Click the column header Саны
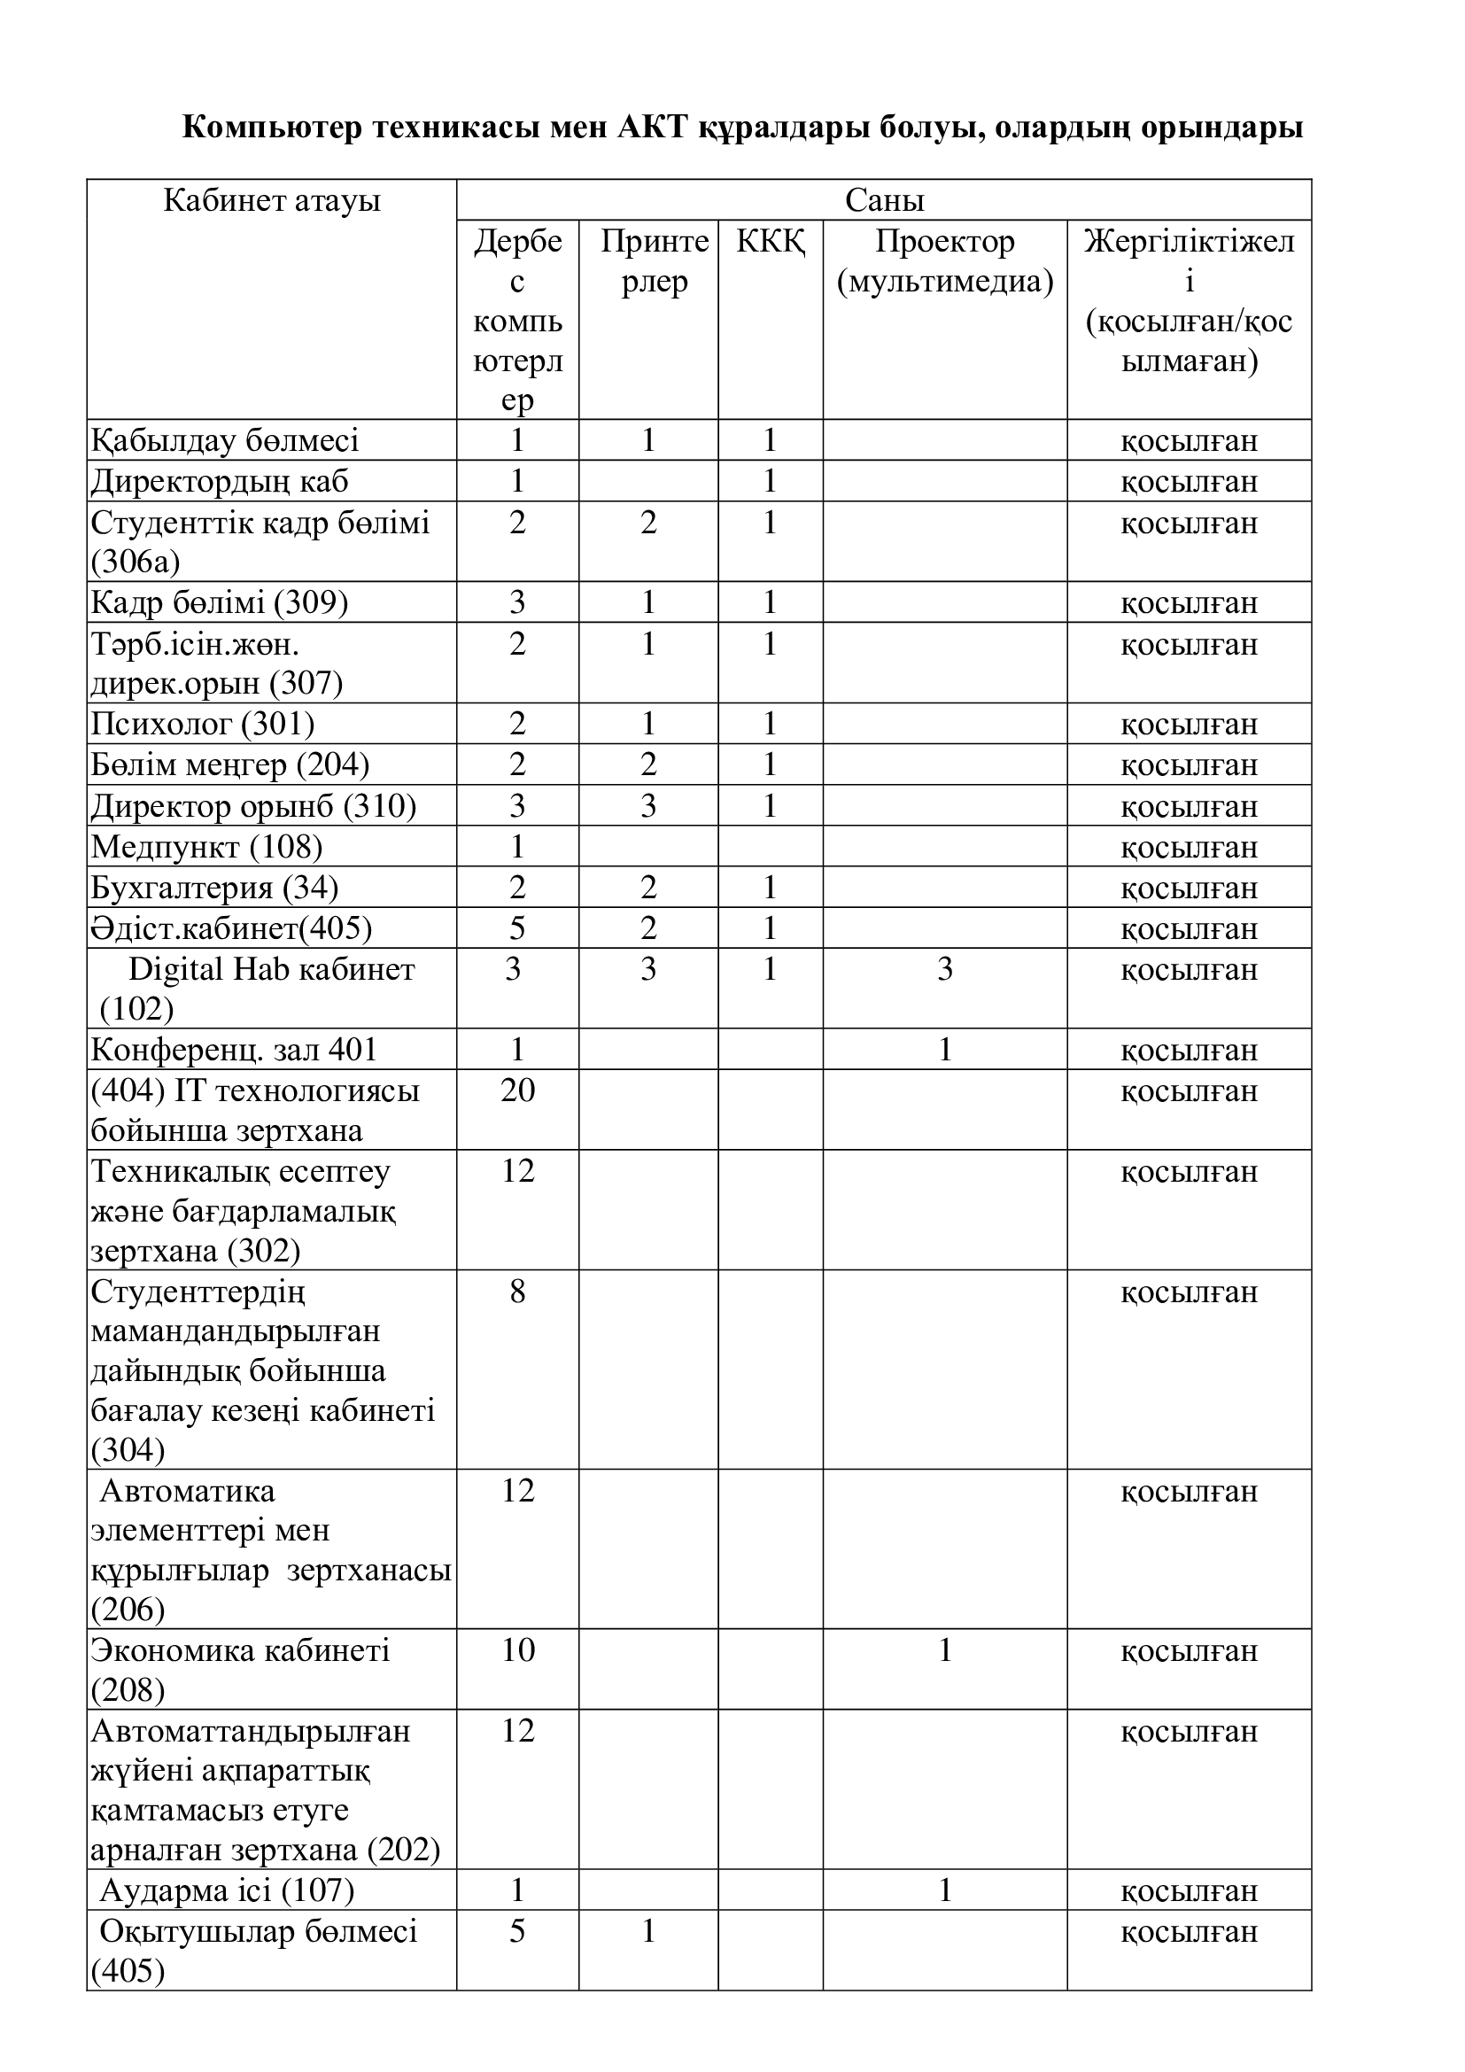pos(884,200)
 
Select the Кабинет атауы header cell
pos(272,200)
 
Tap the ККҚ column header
pos(771,242)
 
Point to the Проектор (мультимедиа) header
pos(944,261)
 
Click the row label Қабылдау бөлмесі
pos(225,441)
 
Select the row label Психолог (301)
pos(203,725)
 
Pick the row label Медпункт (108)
pos(206,848)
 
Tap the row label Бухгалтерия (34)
pos(214,888)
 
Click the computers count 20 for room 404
pos(518,1091)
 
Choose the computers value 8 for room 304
pos(517,1292)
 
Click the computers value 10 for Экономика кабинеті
pos(518,1650)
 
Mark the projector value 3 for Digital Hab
pos(944,969)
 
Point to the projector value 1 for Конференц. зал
pos(944,1051)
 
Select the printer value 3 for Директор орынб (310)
pos(647,806)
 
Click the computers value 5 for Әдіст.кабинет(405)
pos(517,928)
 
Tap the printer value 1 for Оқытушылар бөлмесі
pos(647,1932)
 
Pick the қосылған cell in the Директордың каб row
pos(1189,482)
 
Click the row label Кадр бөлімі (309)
pos(219,603)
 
